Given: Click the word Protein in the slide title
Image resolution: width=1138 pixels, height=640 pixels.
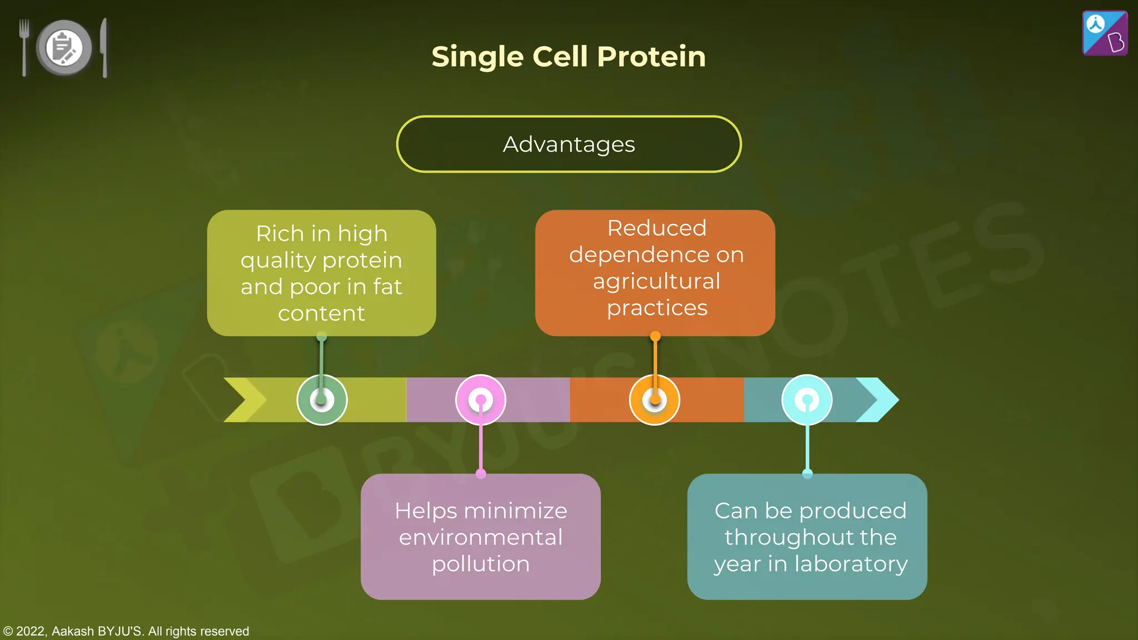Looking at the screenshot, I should [x=651, y=57].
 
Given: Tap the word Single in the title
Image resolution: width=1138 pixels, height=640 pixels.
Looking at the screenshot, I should [x=477, y=57].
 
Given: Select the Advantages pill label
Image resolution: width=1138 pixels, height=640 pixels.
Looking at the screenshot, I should [x=568, y=144].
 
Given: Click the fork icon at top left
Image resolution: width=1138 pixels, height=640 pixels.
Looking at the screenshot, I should [x=24, y=47].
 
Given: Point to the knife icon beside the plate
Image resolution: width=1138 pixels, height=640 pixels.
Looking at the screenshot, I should [x=104, y=47].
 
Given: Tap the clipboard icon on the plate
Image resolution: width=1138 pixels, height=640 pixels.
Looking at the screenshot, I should [x=64, y=48].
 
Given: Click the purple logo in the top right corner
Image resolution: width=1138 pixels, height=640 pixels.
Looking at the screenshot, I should [x=1105, y=33].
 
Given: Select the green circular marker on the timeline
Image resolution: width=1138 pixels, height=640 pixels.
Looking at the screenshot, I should [x=322, y=399].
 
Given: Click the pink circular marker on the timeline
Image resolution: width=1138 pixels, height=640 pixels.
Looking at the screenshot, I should [x=481, y=399].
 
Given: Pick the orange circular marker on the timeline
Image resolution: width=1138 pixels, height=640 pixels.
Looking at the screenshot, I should [x=655, y=399].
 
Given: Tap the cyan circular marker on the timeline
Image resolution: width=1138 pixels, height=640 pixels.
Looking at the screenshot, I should [x=807, y=399].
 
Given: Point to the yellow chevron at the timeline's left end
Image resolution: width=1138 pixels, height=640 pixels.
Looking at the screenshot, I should [x=244, y=399].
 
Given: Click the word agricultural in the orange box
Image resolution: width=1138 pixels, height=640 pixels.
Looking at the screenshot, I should [x=656, y=281].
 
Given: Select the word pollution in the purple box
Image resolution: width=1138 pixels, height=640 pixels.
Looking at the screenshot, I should [x=481, y=564].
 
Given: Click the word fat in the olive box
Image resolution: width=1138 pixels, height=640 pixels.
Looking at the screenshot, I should [x=387, y=287].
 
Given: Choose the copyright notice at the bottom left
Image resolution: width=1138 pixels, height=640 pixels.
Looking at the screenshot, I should [x=127, y=631].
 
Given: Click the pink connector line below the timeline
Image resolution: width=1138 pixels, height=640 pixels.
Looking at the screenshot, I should [x=481, y=447].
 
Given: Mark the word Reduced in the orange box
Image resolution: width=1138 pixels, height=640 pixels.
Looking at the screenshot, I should [x=657, y=228].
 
